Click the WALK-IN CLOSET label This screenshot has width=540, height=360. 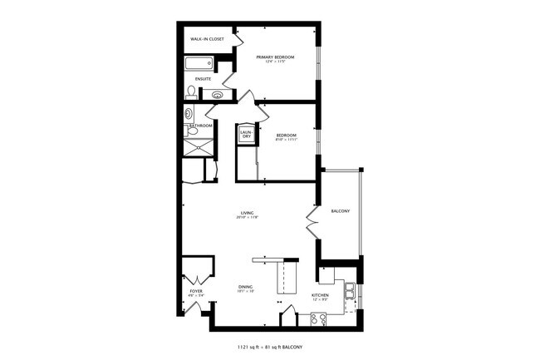click(207, 39)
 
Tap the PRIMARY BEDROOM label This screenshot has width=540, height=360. click(275, 57)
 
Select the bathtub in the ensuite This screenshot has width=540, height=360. click(200, 64)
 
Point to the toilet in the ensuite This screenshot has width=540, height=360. click(192, 91)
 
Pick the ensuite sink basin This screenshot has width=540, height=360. click(218, 95)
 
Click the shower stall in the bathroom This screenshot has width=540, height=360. click(198, 146)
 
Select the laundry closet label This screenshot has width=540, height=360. click(246, 134)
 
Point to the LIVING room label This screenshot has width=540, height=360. click(247, 213)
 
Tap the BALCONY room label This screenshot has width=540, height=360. click(340, 210)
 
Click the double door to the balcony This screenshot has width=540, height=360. click(312, 222)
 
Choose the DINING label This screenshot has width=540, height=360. click(246, 288)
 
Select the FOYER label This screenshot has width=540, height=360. click(196, 291)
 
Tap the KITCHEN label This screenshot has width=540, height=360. click(322, 295)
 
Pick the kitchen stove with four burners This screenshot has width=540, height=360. click(318, 318)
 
